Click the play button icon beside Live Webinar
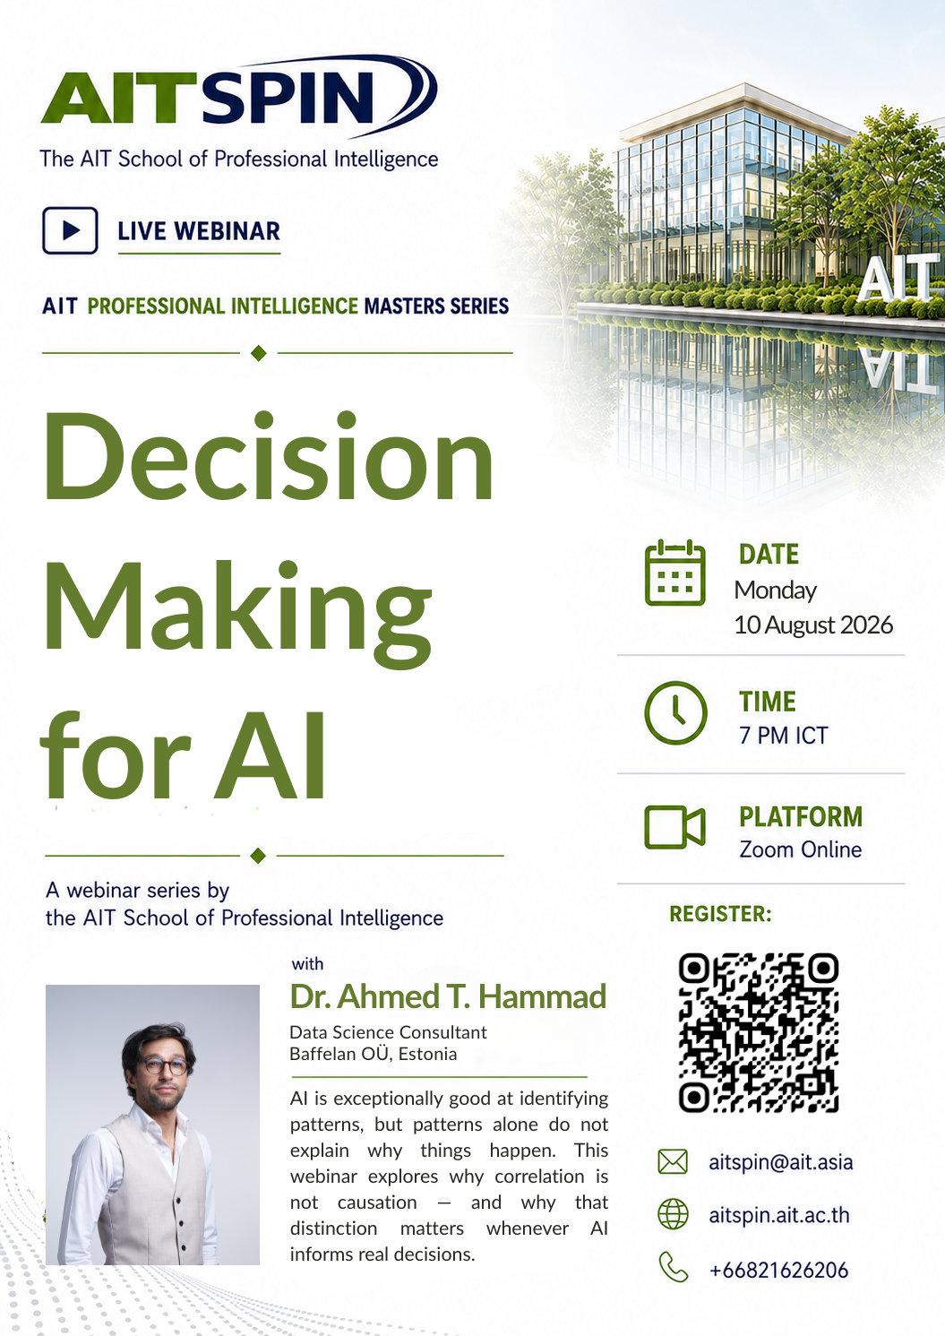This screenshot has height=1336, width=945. (x=71, y=230)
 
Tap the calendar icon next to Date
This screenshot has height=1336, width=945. (x=674, y=573)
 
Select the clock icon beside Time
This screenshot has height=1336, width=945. (x=675, y=712)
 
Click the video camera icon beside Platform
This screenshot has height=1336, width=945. (x=674, y=827)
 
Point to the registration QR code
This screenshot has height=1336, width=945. (x=759, y=1033)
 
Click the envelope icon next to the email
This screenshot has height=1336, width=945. (x=673, y=1162)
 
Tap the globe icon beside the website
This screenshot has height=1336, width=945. (x=673, y=1214)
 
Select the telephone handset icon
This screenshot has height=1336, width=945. (x=673, y=1267)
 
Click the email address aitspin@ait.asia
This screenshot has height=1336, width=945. (x=780, y=1162)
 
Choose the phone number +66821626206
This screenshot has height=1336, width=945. (x=778, y=1271)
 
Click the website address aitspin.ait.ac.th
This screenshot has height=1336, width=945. (x=779, y=1215)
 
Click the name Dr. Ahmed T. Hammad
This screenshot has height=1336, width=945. (x=448, y=996)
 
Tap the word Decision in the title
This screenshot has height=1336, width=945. (x=269, y=455)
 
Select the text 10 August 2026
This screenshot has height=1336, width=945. (x=813, y=625)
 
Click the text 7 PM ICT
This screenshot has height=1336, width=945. (x=784, y=736)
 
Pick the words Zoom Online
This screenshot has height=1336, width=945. (x=800, y=849)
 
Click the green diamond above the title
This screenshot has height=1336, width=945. (x=259, y=353)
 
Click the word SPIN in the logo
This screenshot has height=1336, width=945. (x=290, y=97)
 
